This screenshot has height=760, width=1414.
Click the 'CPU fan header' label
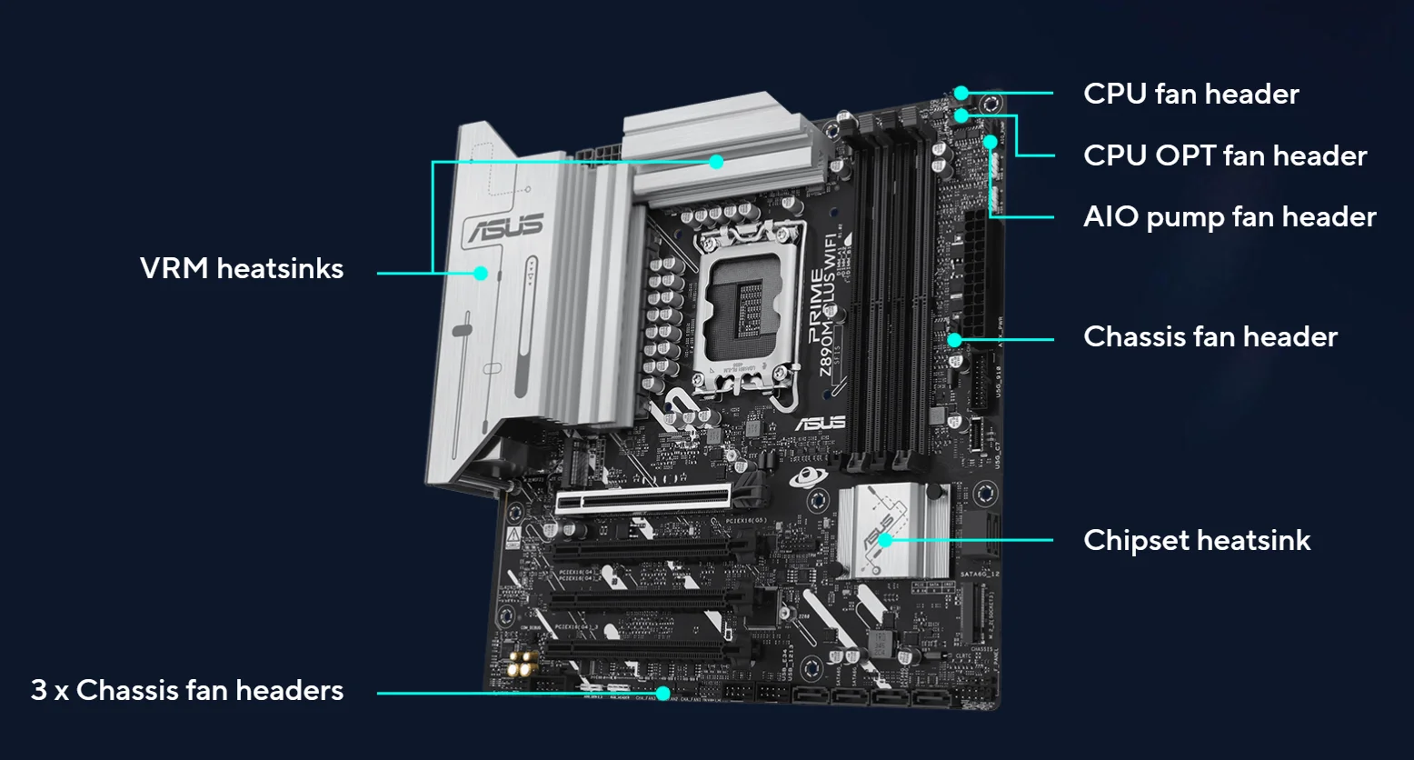point(1190,94)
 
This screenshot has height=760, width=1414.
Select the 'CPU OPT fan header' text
point(1224,155)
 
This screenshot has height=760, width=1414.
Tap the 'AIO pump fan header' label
point(1230,216)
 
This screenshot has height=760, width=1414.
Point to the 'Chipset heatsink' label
point(1197,540)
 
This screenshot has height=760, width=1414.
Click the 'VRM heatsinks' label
point(242,268)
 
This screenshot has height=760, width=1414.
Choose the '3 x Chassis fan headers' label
point(187,690)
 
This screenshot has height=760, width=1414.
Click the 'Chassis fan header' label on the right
point(1210,336)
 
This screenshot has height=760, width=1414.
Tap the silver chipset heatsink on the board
point(891,532)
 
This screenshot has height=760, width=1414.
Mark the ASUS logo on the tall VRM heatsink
point(505,227)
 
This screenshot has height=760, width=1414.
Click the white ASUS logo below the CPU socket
point(821,423)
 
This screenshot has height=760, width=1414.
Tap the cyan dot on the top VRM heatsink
point(716,162)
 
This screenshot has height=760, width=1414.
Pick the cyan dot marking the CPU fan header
point(961,93)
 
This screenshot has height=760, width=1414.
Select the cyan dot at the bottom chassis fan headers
point(663,694)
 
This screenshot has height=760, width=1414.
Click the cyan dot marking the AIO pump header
point(991,142)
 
